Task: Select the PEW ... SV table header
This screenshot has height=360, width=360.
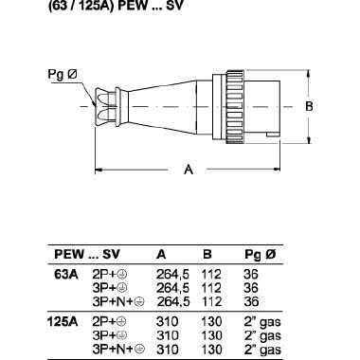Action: [x=87, y=254]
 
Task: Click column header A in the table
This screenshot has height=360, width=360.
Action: [x=161, y=254]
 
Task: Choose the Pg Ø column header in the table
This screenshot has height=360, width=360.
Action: [x=260, y=254]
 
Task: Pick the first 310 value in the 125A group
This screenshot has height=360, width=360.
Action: [x=166, y=321]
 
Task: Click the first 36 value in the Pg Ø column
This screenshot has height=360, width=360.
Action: [x=251, y=272]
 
